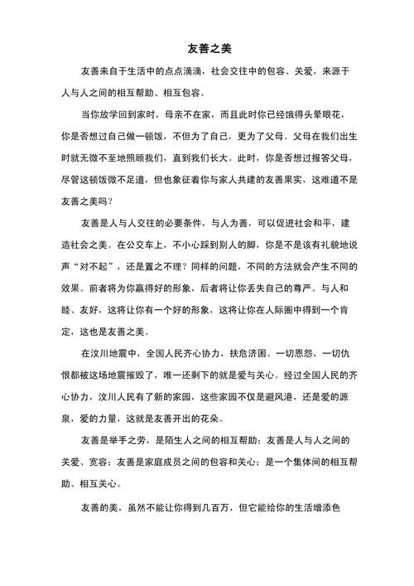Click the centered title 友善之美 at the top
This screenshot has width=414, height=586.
tap(206, 50)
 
